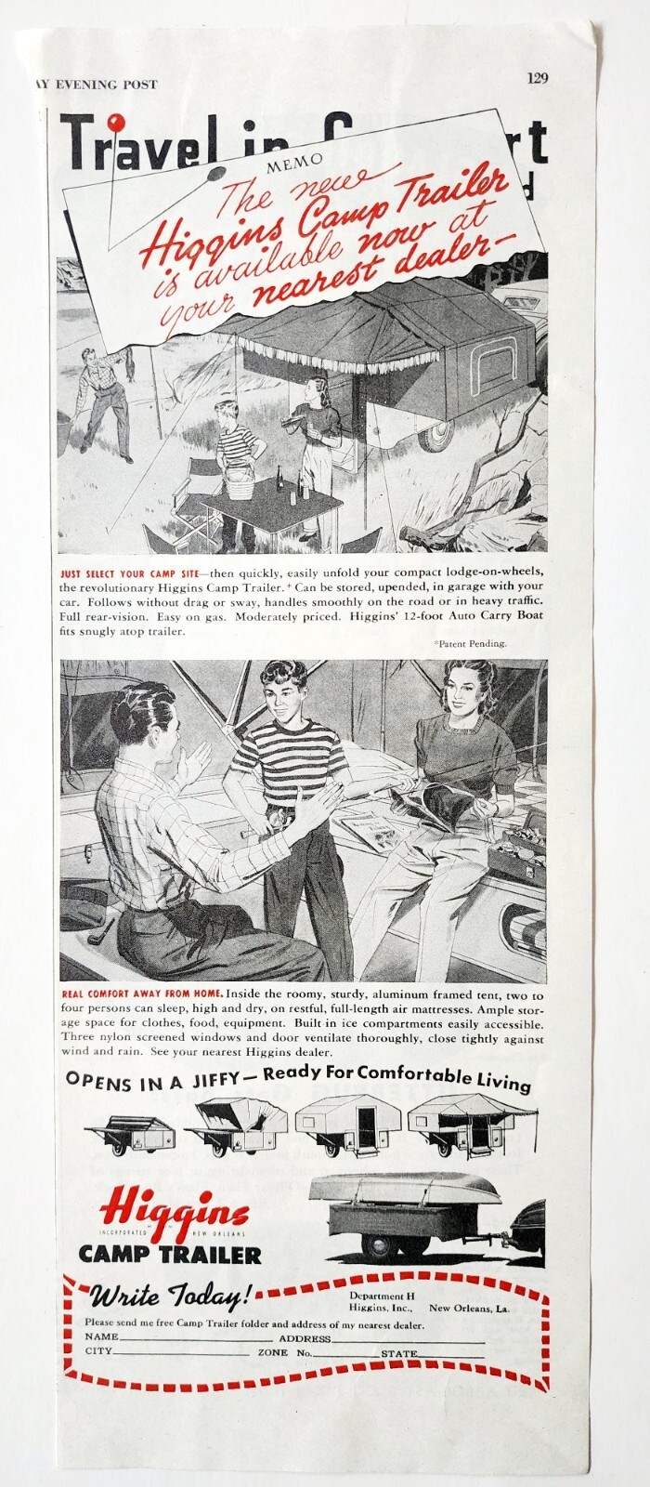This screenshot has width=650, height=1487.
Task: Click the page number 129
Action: (x=536, y=79)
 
